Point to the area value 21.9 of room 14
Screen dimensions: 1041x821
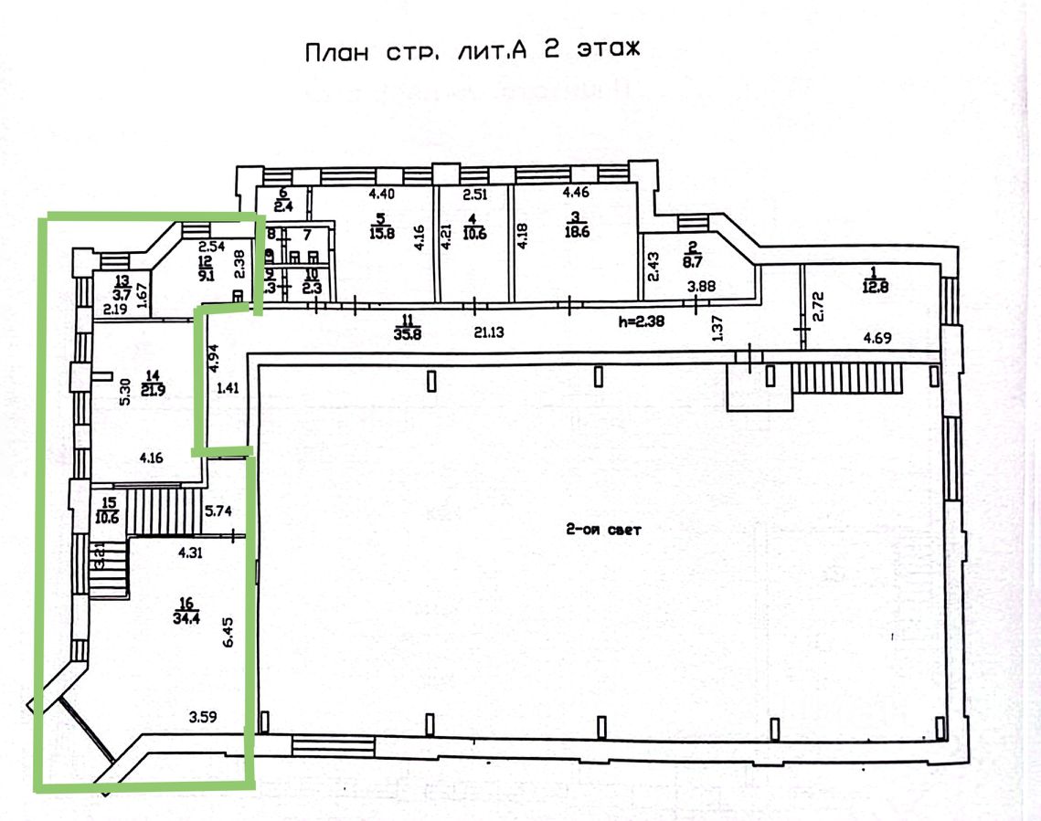click(x=153, y=390)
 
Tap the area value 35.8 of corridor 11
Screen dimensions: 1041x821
click(x=404, y=333)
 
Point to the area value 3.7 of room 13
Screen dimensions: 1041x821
click(x=121, y=294)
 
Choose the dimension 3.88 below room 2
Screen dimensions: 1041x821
click(x=703, y=287)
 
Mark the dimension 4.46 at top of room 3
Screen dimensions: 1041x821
click(x=577, y=193)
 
